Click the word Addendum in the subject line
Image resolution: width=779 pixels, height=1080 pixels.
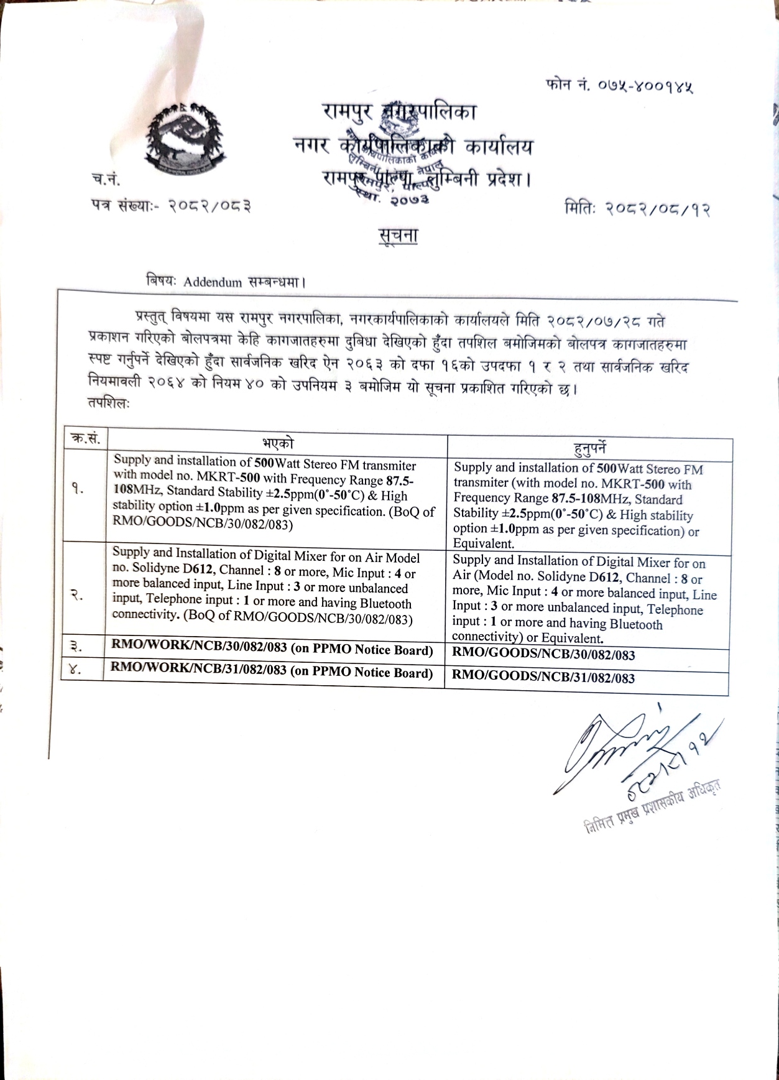[213, 282]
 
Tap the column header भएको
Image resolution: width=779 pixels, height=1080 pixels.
[277, 443]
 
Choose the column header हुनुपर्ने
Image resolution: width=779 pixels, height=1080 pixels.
[589, 448]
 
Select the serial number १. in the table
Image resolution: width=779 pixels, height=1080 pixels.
[77, 489]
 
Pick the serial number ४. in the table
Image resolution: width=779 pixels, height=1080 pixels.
[75, 670]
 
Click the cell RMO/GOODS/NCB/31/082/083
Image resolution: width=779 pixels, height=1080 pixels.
[543, 677]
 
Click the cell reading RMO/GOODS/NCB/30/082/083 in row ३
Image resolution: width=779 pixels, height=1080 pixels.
[543, 655]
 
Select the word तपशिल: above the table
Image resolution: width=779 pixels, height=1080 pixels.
[109, 403]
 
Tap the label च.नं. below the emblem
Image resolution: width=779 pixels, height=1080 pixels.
[106, 180]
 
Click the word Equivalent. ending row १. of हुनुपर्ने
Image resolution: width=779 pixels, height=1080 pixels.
[484, 544]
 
